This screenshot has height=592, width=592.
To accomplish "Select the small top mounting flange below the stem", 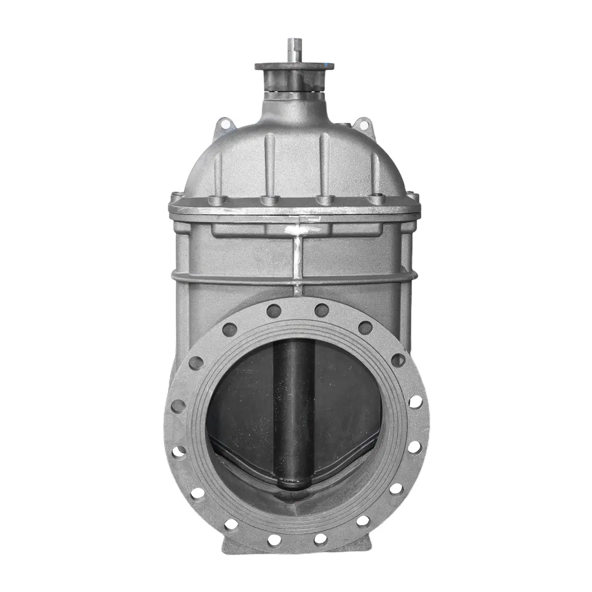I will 294,66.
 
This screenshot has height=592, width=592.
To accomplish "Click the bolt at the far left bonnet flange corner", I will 175,197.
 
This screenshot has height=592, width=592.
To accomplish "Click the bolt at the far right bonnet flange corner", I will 414,197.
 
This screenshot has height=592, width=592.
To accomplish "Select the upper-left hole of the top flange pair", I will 273,311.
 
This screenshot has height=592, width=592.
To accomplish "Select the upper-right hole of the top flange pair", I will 321,310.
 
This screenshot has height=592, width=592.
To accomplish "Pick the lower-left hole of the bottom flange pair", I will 274,540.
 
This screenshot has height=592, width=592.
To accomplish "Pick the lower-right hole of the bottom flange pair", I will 320,539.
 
